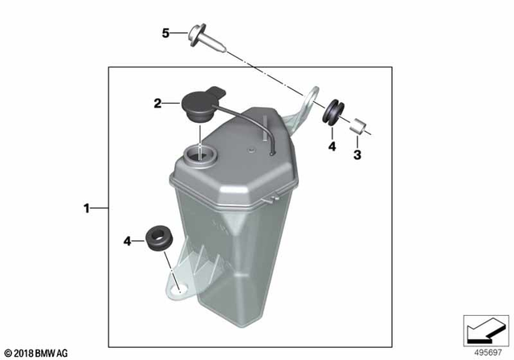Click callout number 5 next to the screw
[x=165, y=33]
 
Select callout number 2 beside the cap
[x=158, y=103]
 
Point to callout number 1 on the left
[x=87, y=209]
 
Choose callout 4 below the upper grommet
[x=330, y=146]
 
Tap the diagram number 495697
[x=485, y=352]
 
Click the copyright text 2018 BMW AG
[x=36, y=352]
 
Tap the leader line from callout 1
[x=100, y=209]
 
